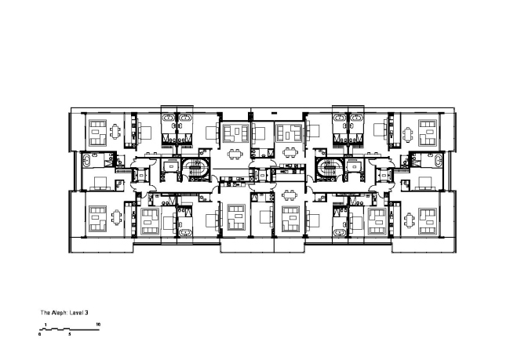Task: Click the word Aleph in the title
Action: (60, 312)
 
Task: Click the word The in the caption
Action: (46, 312)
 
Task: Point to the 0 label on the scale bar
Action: (40, 334)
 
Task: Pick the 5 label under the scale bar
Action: (69, 334)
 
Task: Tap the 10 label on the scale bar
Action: (98, 323)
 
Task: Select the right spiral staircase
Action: (326, 167)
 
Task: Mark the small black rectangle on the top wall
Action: (282, 113)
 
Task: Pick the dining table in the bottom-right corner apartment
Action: (406, 218)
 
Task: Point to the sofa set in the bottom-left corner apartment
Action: (97, 219)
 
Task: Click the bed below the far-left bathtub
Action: (100, 184)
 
